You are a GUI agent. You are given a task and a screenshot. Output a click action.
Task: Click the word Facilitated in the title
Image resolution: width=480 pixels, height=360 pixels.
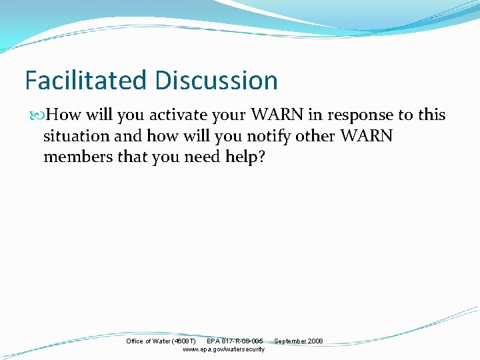pyautogui.click(x=86, y=81)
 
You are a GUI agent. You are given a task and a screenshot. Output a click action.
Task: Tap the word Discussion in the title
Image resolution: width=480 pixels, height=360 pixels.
pyautogui.click(x=217, y=81)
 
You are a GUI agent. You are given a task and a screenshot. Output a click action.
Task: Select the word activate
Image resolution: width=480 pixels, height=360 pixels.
pyautogui.click(x=177, y=115)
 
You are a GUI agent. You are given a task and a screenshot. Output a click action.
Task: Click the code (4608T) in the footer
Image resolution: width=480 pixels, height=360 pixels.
pyautogui.click(x=184, y=341)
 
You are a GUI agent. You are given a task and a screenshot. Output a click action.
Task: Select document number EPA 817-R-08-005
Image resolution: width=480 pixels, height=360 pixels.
pyautogui.click(x=235, y=341)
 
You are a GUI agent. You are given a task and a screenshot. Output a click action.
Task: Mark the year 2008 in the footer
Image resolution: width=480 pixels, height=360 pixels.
pyautogui.click(x=315, y=341)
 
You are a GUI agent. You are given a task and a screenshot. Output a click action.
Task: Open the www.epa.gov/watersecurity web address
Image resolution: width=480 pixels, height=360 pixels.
pyautogui.click(x=223, y=349)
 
